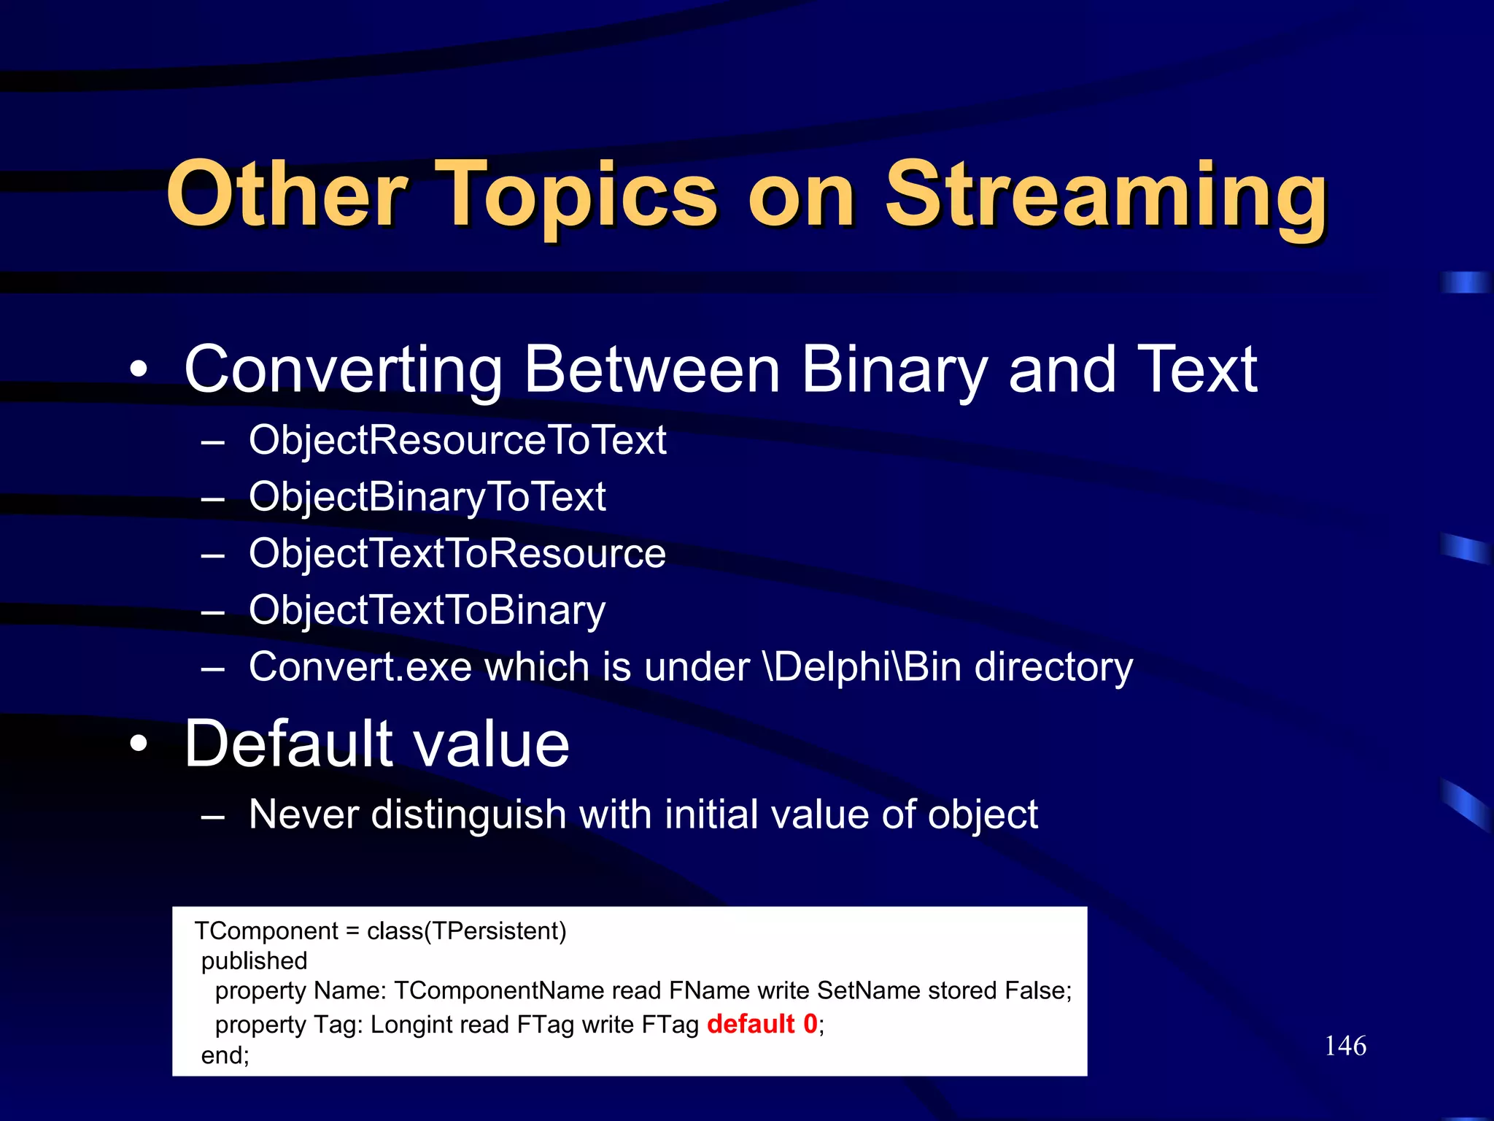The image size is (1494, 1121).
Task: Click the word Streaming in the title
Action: [x=1105, y=196]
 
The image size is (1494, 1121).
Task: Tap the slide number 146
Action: [x=1345, y=1046]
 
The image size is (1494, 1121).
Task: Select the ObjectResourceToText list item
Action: [x=457, y=440]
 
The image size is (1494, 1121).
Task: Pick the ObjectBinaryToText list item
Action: [x=427, y=497]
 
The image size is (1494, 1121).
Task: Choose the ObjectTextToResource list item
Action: [x=457, y=553]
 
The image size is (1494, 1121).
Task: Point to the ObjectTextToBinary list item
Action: [x=427, y=610]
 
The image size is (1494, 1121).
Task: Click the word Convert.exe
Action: [x=360, y=667]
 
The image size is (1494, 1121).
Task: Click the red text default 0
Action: [x=762, y=1024]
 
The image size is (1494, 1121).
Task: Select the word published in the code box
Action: [x=254, y=961]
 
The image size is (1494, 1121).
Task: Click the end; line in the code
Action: [x=225, y=1055]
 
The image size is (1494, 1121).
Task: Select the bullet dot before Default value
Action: [x=139, y=744]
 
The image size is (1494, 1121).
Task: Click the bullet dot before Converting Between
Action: [x=139, y=370]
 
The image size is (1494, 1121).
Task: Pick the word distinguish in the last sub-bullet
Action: [x=469, y=814]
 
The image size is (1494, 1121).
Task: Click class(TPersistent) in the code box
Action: [x=466, y=931]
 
